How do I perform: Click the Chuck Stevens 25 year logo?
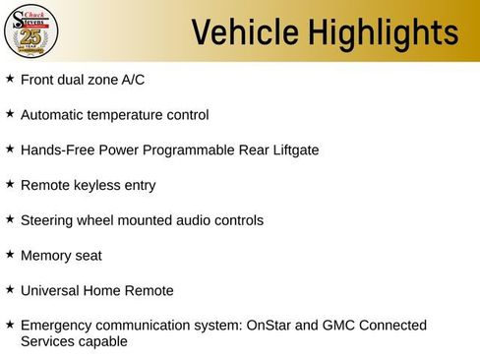click(31, 31)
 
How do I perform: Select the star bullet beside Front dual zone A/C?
click(10, 78)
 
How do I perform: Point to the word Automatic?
click(53, 115)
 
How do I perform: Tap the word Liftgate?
click(291, 150)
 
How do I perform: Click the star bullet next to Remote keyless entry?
click(10, 184)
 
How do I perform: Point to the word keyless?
click(97, 185)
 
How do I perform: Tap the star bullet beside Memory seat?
click(10, 254)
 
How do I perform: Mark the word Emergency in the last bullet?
click(55, 326)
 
